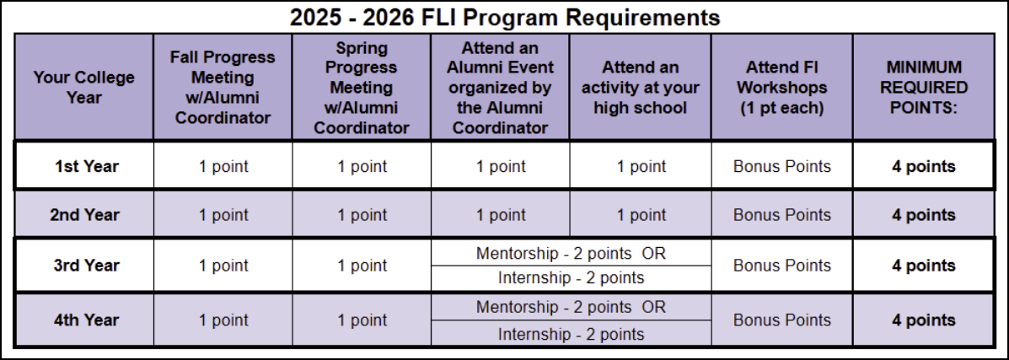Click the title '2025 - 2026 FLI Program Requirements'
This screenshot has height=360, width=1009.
coord(504,16)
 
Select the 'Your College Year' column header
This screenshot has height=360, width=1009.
coord(83,87)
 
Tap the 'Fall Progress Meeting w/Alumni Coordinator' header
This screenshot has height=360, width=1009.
coord(223,87)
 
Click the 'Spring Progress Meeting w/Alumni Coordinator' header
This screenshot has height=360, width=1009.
coord(362,87)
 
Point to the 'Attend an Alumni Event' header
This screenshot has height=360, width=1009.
coord(501,87)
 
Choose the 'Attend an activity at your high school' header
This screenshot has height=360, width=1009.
coord(641,87)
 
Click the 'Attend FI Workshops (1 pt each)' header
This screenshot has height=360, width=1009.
coord(781,87)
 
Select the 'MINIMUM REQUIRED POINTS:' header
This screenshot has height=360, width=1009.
coord(923,87)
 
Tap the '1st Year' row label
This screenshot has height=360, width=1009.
coord(83,166)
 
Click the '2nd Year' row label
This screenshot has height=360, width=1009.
coord(83,215)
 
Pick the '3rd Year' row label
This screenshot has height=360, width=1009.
coord(83,266)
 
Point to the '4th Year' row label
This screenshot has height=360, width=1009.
coord(83,320)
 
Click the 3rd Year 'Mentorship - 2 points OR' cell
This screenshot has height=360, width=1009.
coord(571,253)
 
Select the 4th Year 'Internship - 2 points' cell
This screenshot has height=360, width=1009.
coord(571,334)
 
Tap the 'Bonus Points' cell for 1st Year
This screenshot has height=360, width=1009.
coord(781,166)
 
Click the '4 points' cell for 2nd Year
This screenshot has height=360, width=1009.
coord(923,215)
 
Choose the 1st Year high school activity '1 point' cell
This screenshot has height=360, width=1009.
coord(641,166)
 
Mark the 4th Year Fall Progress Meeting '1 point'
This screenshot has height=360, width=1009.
coord(223,320)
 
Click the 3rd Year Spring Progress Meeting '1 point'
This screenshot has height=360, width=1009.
coord(362,266)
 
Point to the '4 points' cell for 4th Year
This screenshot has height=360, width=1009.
coord(923,320)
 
